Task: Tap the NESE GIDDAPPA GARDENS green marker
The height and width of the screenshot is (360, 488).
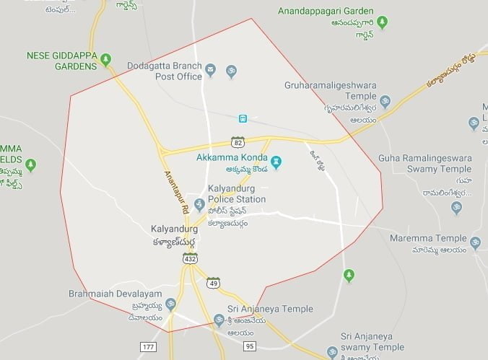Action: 106,58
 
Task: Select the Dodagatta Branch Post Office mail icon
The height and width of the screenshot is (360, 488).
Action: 210,71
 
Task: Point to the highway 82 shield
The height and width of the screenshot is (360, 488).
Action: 238,141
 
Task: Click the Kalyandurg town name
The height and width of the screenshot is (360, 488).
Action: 174,229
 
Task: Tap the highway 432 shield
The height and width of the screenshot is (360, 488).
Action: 190,258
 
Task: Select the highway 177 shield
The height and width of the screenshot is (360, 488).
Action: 148,347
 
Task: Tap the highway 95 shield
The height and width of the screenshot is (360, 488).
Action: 250,347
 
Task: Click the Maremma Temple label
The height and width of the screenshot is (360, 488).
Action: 428,238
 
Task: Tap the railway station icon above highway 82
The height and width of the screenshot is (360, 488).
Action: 243,118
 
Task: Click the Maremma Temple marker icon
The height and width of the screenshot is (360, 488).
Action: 475,242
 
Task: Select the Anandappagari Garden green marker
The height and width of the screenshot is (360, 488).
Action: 382,22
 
